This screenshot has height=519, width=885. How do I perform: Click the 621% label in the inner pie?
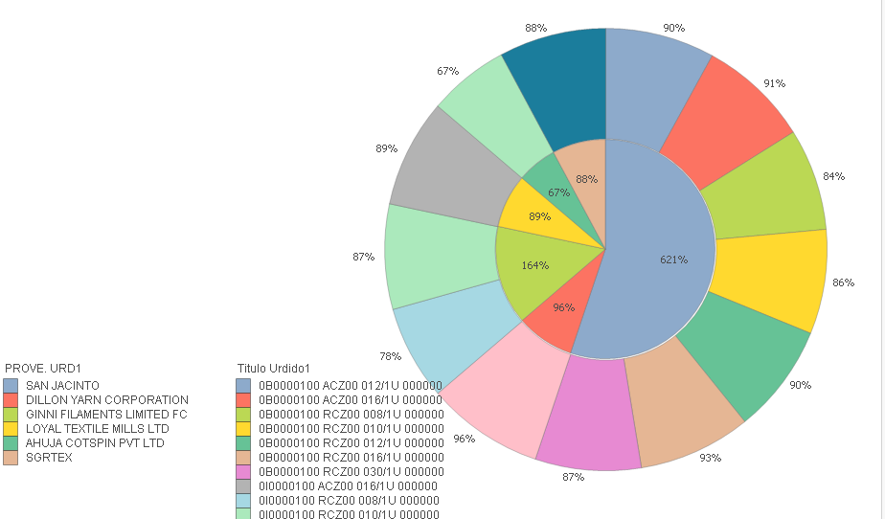click(x=673, y=259)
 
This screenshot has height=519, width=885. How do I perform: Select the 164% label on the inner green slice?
click(x=535, y=265)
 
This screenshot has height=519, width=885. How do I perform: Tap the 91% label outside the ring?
click(x=774, y=83)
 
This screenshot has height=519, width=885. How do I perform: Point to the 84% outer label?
click(x=833, y=176)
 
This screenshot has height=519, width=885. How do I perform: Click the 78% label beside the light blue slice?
click(x=390, y=356)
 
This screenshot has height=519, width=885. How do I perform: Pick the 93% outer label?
click(x=710, y=458)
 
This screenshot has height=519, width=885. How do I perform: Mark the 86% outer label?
click(x=844, y=283)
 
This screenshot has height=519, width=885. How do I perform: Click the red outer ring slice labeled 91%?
click(x=732, y=120)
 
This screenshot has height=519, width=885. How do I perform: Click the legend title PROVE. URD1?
click(x=43, y=368)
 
